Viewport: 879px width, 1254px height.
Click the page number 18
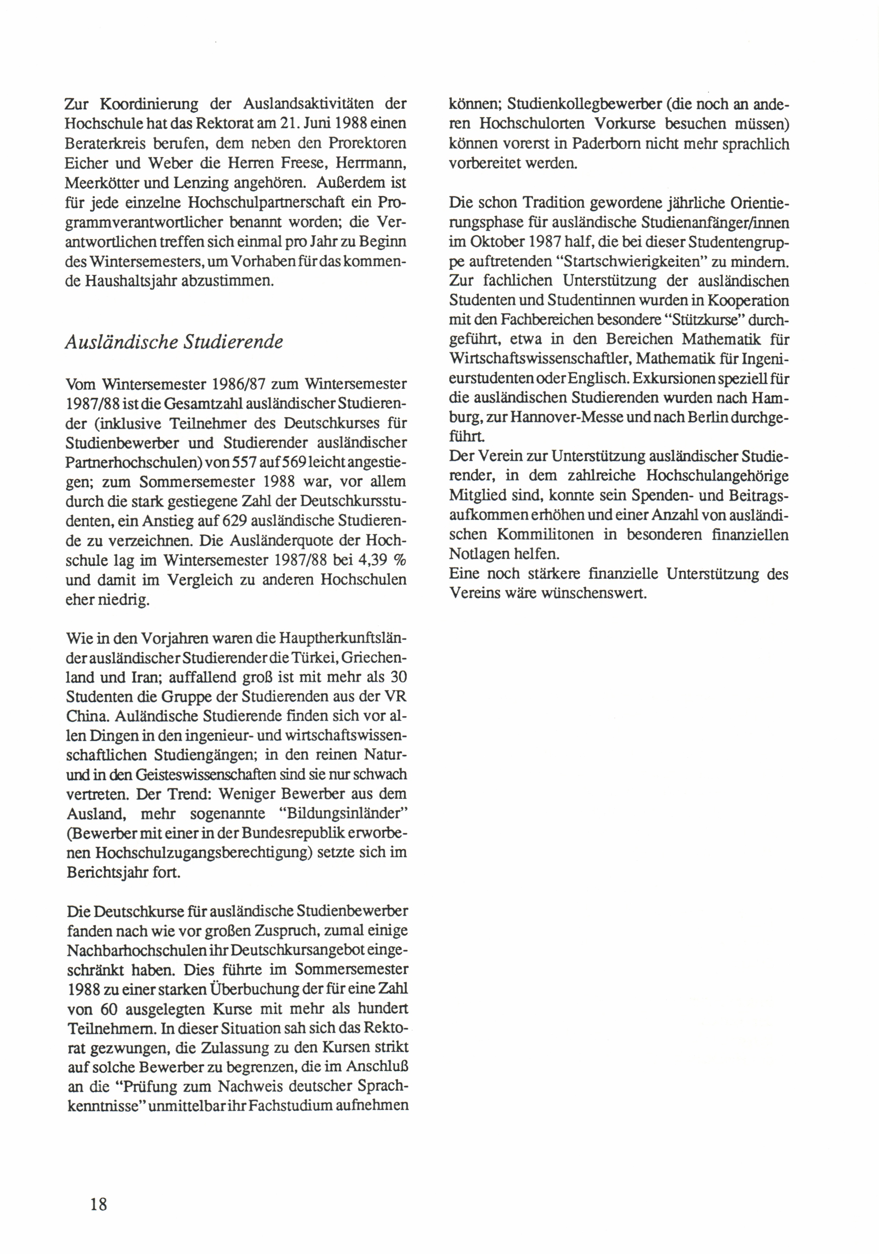point(99,1204)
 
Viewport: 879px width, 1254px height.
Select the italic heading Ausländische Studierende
point(174,342)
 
